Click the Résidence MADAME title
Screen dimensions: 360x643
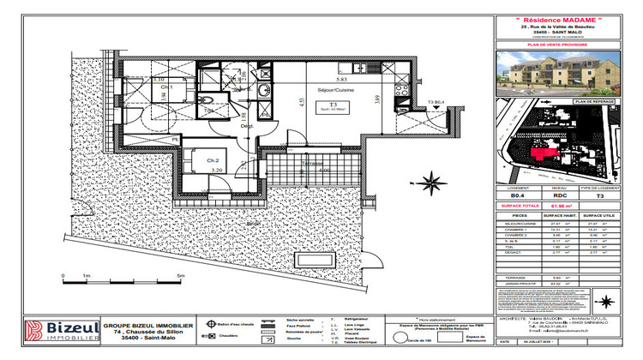(x=564, y=20)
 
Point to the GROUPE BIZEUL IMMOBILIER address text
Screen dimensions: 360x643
(x=147, y=333)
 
